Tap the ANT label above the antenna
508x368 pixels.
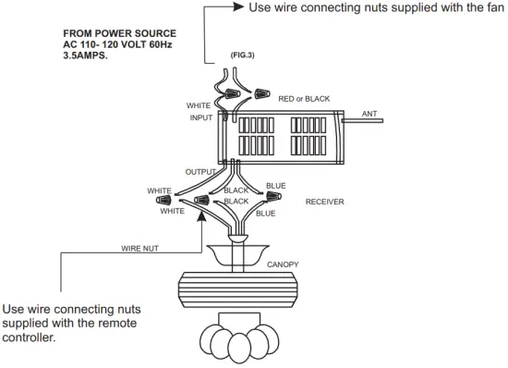click(369, 114)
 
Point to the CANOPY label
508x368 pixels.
click(283, 264)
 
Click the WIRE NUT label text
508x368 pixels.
click(139, 248)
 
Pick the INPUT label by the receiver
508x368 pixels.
click(200, 117)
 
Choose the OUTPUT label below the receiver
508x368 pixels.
click(200, 172)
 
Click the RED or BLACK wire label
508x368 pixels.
click(304, 99)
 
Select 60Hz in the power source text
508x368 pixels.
click(163, 43)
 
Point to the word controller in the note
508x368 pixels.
click(30, 337)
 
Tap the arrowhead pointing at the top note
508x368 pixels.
click(237, 8)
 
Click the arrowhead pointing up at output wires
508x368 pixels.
click(200, 223)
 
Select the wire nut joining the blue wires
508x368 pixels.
click(273, 196)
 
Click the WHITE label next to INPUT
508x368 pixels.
click(199, 105)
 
